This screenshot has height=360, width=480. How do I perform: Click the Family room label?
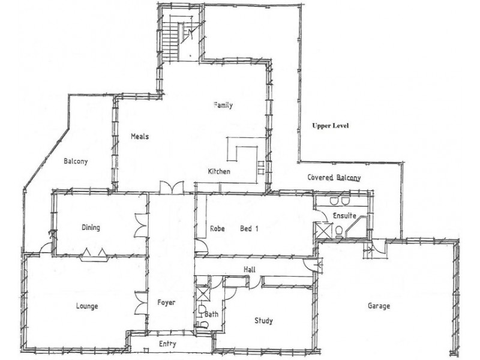click(223, 106)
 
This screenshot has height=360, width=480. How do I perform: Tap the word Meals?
click(139, 136)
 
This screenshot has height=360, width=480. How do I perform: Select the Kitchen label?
click(219, 172)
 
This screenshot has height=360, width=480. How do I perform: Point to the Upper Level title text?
click(330, 126)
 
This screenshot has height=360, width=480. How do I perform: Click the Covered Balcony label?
click(334, 178)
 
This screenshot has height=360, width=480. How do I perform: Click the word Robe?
click(217, 228)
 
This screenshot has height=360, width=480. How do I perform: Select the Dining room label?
click(91, 227)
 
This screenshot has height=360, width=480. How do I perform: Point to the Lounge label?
click(87, 306)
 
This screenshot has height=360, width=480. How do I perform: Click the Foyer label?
click(166, 302)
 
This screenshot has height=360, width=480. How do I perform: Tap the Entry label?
click(167, 344)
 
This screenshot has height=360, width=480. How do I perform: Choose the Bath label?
click(211, 314)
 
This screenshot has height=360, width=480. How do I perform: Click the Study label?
click(263, 320)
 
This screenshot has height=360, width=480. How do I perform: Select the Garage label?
click(379, 306)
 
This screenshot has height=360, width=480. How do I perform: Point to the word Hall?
click(250, 270)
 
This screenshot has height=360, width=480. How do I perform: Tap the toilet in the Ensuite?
click(340, 231)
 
